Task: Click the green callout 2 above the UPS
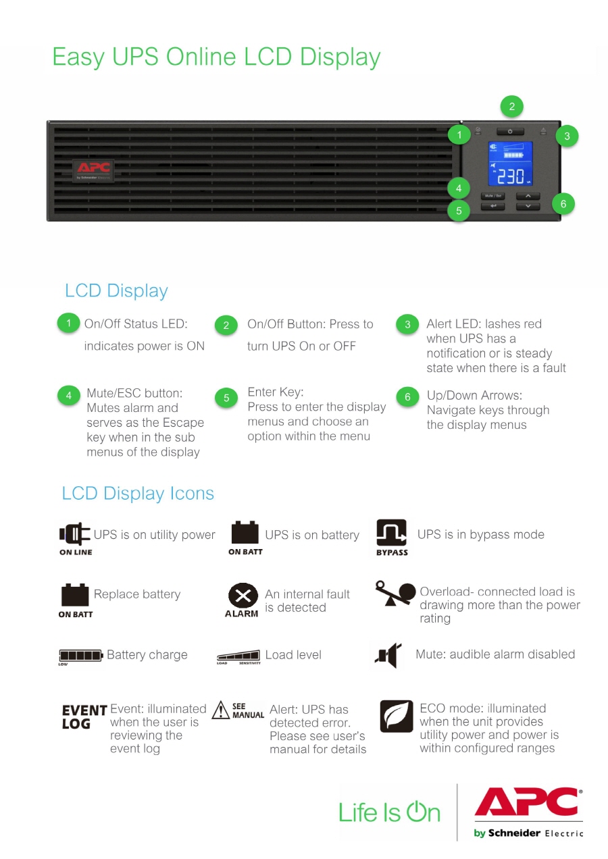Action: click(511, 106)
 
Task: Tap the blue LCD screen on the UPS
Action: click(510, 165)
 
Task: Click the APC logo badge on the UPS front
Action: click(93, 170)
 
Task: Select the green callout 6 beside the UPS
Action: click(563, 203)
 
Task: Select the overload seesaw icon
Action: click(396, 593)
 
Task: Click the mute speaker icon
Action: click(387, 655)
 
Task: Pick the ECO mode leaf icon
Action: click(397, 717)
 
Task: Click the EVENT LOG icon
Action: click(84, 717)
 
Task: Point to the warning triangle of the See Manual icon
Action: click(221, 710)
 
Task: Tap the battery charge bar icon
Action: click(81, 655)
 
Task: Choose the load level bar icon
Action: click(238, 655)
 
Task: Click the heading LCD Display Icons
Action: click(138, 494)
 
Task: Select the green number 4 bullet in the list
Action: click(69, 396)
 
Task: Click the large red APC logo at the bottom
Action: click(528, 804)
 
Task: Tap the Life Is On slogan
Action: click(389, 811)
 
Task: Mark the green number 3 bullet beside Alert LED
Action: click(407, 325)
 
